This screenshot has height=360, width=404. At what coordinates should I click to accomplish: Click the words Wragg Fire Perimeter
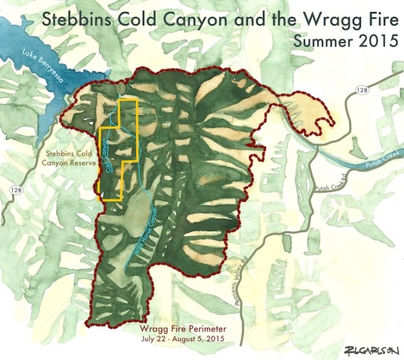click(x=180, y=328)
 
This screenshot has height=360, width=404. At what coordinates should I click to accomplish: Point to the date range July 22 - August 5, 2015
click(x=180, y=340)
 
